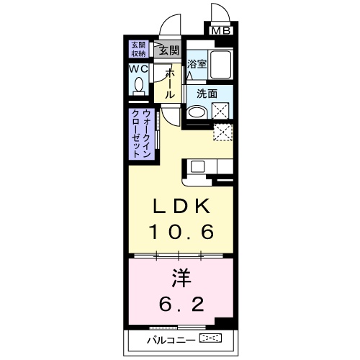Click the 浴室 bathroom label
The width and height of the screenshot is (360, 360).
click(197, 63)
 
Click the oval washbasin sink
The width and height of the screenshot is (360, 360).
click(195, 112)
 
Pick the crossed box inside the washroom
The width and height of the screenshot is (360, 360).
click(220, 110)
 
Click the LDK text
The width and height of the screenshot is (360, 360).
click(180, 207)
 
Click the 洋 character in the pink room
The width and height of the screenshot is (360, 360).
click(180, 277)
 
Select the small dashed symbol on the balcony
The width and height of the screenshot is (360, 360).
click(211, 338)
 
